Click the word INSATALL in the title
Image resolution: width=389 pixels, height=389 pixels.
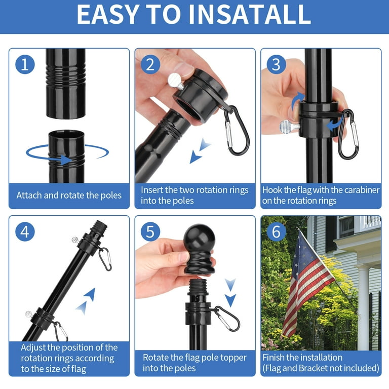coord(250,14)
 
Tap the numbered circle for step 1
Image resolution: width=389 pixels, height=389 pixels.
coord(25,64)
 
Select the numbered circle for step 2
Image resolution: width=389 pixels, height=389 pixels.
coord(150,64)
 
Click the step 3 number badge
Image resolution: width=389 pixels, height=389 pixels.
coord(277,64)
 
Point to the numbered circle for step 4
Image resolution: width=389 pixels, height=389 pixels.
coord(25,232)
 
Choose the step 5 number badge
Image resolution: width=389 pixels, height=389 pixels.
coord(150,232)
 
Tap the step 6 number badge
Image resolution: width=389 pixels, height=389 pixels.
coord(277,232)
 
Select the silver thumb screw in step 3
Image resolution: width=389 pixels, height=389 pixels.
coord(289,127)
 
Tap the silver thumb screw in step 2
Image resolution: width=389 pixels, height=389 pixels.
coord(176,81)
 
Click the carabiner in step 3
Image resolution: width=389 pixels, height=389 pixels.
coord(348,134)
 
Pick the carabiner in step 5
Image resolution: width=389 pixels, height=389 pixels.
coord(227,318)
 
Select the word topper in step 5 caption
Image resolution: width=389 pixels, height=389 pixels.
coord(234,358)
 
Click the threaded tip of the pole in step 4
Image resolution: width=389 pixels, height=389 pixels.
coord(100,226)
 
